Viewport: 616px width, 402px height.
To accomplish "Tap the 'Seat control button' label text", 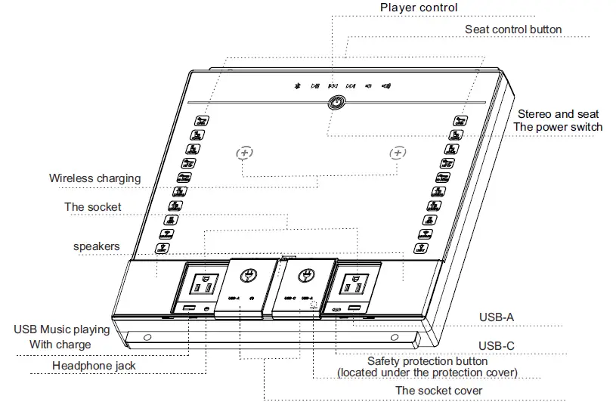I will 513,29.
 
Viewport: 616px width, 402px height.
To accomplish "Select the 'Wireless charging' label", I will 95,178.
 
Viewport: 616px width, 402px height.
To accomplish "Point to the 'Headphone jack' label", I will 94,366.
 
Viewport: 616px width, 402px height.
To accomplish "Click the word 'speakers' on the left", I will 97,246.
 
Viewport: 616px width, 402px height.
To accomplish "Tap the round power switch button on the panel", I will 334,104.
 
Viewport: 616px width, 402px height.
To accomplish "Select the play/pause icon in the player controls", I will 315,86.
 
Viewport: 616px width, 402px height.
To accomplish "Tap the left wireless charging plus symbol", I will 243,153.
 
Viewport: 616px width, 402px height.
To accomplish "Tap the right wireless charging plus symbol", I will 398,153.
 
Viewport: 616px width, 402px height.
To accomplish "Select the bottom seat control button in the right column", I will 421,248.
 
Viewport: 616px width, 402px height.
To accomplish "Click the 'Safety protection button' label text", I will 427,361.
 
